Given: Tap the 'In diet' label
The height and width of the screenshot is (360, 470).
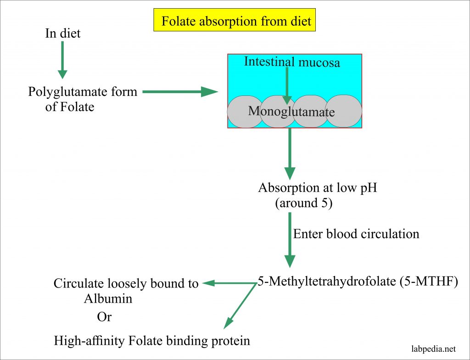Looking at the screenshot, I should click(62, 33).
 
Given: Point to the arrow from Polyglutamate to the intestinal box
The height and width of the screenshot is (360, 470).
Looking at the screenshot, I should click(179, 92).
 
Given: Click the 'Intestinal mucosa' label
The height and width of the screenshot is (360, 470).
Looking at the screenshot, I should click(292, 62).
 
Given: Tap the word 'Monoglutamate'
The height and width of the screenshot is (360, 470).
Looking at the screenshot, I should click(291, 111).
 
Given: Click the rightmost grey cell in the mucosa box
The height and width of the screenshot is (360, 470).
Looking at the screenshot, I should click(345, 111).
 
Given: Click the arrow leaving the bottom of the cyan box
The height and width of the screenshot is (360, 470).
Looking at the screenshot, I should click(290, 153).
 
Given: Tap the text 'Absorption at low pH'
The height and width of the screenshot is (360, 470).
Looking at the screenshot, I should click(318, 188).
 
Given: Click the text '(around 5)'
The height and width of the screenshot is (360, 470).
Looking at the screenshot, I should click(303, 203).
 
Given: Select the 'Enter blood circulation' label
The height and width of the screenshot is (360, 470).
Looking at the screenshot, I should click(356, 234).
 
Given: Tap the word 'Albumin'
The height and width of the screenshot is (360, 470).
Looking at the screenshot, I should click(108, 299).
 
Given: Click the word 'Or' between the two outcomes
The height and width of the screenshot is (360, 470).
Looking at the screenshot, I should click(104, 317).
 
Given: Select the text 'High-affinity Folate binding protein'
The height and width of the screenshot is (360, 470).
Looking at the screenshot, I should click(152, 341).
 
